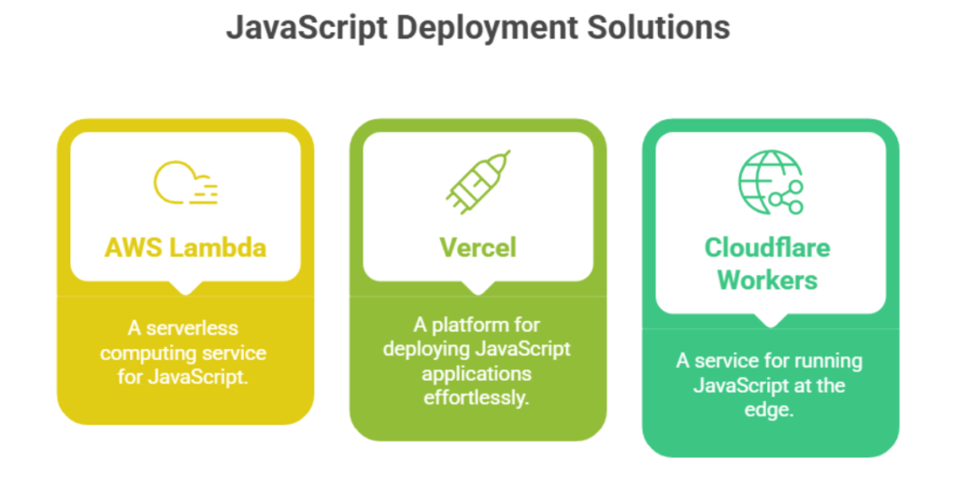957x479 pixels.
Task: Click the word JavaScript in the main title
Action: [x=306, y=27]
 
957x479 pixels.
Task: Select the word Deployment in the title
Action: [x=486, y=27]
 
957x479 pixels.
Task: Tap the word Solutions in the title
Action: [x=658, y=27]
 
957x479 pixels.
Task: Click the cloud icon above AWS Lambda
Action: [x=185, y=182]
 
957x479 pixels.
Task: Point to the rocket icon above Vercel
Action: [x=478, y=180]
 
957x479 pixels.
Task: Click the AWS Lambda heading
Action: [x=185, y=247]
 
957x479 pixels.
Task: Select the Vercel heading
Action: [x=478, y=247]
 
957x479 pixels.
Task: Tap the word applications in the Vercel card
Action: [x=478, y=374]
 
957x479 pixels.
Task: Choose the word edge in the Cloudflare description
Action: [x=770, y=410]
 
